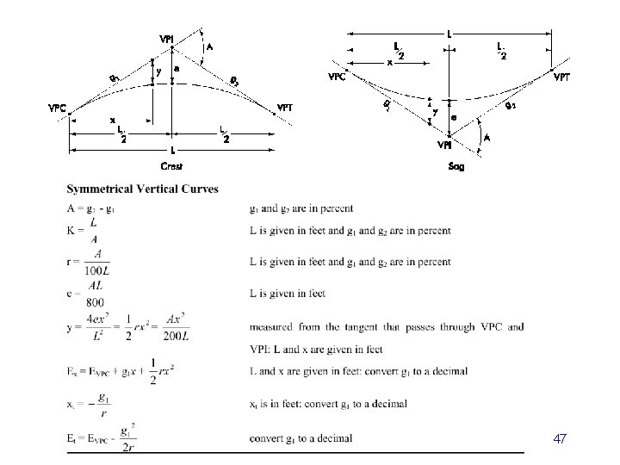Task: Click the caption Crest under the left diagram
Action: [x=171, y=165]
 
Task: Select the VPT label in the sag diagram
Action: [x=561, y=77]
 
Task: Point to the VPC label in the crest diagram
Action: [x=58, y=108]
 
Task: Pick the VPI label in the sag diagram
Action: [x=445, y=145]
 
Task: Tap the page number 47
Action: [x=560, y=439]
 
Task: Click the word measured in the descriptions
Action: [x=269, y=326]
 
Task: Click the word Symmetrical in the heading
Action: [x=97, y=189]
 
